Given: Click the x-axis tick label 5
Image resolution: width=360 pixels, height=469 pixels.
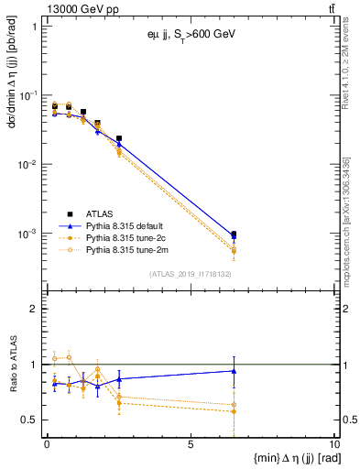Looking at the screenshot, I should (x=190, y=444).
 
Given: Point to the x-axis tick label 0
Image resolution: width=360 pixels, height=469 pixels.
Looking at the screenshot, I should (x=47, y=444).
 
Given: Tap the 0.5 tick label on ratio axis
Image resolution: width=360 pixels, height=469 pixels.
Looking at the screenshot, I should (x=30, y=420).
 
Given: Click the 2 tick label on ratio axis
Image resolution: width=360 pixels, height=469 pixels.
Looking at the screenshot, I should (x=35, y=309).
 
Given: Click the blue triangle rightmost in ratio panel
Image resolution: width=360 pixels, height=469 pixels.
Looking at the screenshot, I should (x=234, y=371).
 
